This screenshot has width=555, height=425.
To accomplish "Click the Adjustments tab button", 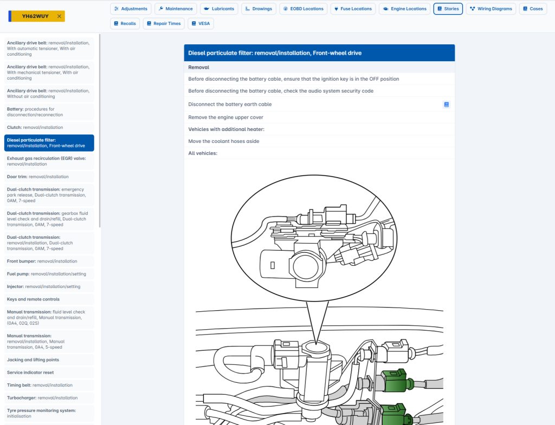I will [131, 9].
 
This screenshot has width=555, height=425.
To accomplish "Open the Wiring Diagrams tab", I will [491, 9].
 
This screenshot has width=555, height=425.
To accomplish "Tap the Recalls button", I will [125, 24].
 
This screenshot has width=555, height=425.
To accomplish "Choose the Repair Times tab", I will [163, 24].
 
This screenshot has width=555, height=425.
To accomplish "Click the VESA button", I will [201, 24].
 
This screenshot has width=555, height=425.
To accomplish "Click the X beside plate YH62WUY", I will [59, 16].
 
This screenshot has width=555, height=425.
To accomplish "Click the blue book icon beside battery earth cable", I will [447, 104].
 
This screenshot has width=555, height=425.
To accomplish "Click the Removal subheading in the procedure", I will [198, 68].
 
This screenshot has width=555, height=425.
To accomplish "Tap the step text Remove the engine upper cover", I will [225, 117].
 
